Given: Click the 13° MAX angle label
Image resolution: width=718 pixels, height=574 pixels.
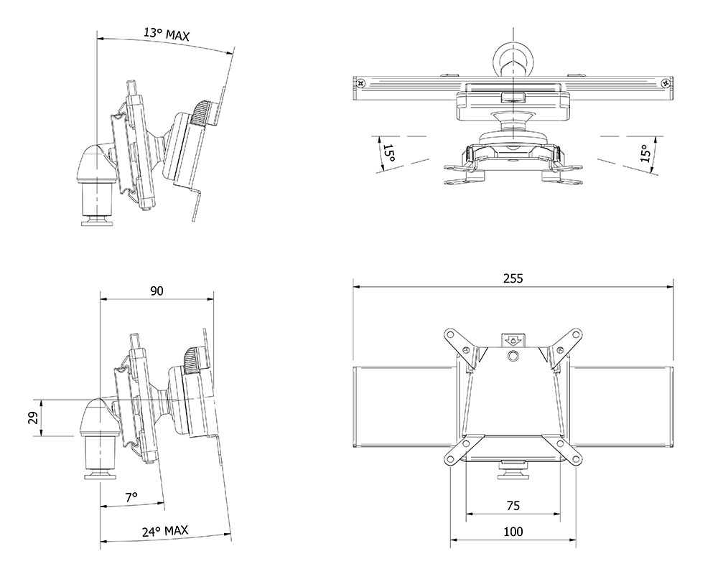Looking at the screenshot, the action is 167,34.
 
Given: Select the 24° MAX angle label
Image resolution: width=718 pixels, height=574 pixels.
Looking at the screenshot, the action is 165,531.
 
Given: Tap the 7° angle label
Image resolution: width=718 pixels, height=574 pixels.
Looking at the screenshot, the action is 131,497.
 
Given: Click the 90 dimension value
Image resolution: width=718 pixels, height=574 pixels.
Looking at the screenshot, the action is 157,291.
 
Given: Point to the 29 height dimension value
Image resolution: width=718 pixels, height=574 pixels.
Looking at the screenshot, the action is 33,418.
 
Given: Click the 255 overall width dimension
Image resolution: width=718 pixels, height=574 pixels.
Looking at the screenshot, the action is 513,278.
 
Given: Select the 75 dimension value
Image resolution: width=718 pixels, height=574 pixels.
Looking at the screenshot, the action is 513,505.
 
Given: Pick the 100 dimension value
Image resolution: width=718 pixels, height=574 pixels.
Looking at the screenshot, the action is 513,532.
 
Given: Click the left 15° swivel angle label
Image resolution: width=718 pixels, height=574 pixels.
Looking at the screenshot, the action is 388,154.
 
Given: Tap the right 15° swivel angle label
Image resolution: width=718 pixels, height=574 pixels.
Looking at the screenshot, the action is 645,154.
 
